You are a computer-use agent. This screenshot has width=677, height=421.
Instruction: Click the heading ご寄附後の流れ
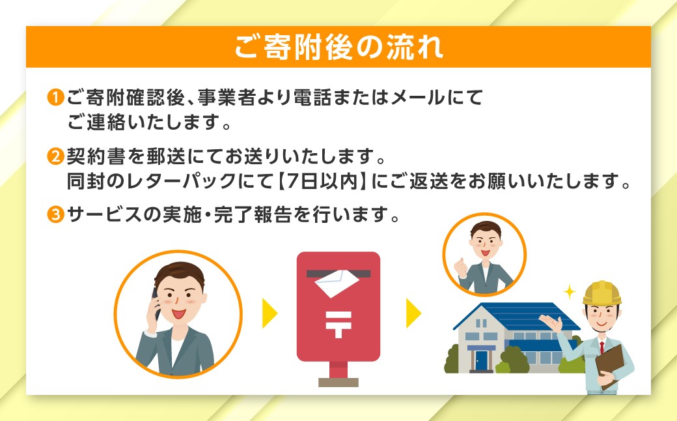[338, 47]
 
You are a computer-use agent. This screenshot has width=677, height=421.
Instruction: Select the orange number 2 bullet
[55, 157]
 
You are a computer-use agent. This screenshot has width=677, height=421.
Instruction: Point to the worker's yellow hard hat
[601, 293]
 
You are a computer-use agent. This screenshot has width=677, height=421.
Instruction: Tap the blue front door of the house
[481, 360]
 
